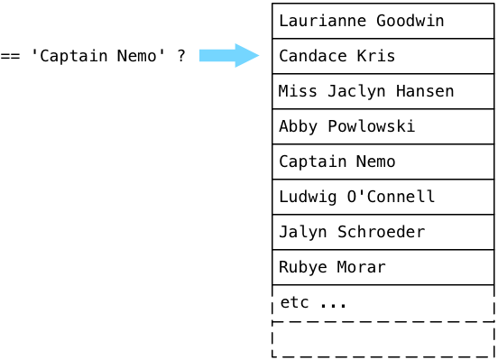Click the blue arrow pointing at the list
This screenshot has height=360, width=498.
tap(229, 56)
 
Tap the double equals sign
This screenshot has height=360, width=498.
tap(10, 56)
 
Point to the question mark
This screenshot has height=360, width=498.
tap(181, 56)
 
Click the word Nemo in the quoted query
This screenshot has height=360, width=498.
tap(136, 56)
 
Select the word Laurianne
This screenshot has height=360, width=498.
tap(323, 21)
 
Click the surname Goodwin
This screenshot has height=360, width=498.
tap(410, 21)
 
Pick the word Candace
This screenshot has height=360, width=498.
tap(313, 56)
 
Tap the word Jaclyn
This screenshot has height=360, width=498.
tap(356, 91)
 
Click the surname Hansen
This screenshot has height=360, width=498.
tap(425, 91)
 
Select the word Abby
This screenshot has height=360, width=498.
tap(299, 126)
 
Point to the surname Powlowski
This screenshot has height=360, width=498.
tap(372, 126)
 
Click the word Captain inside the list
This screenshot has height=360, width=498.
tap(313, 162)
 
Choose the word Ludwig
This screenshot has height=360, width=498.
tap(308, 197)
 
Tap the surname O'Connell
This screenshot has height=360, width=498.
tap(391, 197)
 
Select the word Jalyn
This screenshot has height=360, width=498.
tap(303, 232)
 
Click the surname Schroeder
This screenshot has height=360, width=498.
tap(381, 232)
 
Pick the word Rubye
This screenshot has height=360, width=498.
tap(303, 267)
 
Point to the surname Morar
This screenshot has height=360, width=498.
tap(362, 267)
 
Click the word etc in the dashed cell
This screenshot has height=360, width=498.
tap(294, 302)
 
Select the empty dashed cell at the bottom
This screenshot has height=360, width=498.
tap(383, 339)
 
